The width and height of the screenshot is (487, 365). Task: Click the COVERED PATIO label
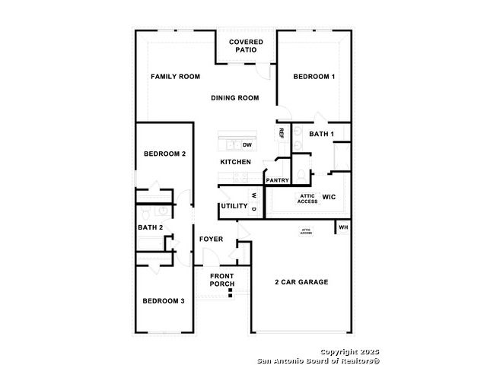(246, 46)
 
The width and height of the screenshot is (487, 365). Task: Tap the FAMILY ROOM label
(176, 77)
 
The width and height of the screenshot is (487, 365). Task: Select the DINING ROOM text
(235, 98)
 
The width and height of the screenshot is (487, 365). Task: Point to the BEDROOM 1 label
(314, 77)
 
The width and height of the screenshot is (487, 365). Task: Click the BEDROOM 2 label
(165, 154)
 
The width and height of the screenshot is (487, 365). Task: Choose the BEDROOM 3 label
(164, 301)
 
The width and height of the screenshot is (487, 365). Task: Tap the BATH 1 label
(322, 134)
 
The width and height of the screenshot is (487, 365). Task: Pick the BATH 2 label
(151, 227)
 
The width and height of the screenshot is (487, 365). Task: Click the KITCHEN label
(236, 162)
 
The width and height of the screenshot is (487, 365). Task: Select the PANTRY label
(277, 180)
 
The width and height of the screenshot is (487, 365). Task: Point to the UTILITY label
(234, 206)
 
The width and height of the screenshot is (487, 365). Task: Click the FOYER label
(212, 240)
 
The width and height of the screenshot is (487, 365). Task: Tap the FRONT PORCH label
(222, 280)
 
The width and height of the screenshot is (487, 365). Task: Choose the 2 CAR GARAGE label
(301, 282)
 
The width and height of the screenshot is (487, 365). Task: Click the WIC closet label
(329, 197)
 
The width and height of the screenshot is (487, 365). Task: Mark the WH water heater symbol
(343, 227)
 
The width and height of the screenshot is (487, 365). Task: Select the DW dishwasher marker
(247, 145)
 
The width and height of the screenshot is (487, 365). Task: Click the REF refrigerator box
(282, 133)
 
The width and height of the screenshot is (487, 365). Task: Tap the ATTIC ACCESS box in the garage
(306, 231)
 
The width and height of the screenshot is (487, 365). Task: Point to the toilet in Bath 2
(145, 213)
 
